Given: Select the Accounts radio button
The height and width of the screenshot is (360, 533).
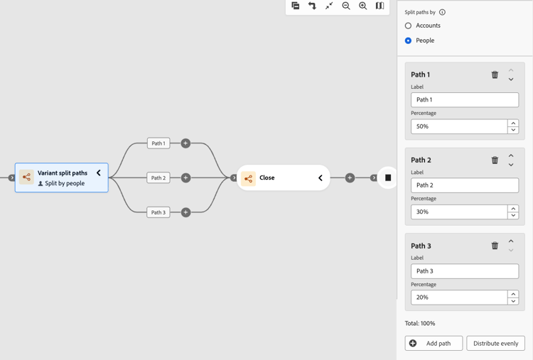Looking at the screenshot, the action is [x=408, y=26].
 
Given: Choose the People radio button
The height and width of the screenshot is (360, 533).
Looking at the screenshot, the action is [x=408, y=40].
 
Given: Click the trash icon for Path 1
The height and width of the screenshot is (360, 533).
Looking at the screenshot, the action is [x=495, y=75].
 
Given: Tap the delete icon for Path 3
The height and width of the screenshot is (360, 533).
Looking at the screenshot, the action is [x=495, y=245].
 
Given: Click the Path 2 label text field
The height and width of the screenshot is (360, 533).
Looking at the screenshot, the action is [x=465, y=185].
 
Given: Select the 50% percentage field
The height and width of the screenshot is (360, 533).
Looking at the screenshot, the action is [x=459, y=126].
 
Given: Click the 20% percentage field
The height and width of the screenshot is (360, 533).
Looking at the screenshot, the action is [x=459, y=298].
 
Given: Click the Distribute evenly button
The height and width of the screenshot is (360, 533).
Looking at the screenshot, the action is [x=495, y=344].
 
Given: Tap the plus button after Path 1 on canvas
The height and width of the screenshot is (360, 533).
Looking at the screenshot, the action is [x=185, y=143].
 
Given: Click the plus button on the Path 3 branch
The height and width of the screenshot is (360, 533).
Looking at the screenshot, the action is [x=185, y=212].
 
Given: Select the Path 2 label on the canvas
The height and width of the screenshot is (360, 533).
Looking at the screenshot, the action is [x=158, y=178].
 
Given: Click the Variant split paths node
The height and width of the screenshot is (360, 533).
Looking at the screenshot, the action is [x=62, y=178].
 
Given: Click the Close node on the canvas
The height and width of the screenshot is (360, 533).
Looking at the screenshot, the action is [x=283, y=178].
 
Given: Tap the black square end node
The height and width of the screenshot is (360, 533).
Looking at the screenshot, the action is [x=388, y=178].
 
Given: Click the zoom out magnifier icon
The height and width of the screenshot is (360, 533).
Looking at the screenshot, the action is [x=346, y=6].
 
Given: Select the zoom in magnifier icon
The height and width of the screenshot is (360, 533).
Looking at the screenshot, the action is [x=363, y=6].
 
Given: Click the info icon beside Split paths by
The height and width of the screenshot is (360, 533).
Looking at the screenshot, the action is [x=442, y=12].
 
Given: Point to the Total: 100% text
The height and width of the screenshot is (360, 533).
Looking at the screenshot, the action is [x=420, y=323].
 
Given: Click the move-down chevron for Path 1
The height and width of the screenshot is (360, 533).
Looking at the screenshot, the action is [x=511, y=80].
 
